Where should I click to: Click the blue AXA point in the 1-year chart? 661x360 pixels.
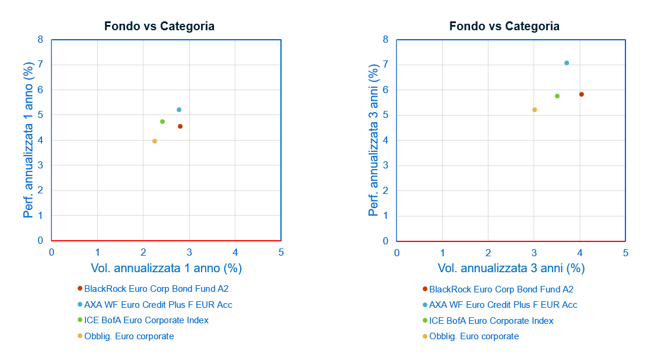pos(179,110)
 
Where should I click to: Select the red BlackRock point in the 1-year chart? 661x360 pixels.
pos(180,126)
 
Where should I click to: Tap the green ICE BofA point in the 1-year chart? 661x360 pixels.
pos(162,122)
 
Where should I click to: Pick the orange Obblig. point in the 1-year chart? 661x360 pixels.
pos(155,141)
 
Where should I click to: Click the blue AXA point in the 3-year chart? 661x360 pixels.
pos(567,63)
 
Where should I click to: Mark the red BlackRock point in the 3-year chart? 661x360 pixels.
pos(582,94)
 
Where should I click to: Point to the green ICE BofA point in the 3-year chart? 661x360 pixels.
pos(557,96)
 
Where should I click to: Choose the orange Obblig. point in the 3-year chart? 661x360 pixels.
pos(535,110)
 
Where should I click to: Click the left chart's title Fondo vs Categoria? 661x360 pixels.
pos(159,26)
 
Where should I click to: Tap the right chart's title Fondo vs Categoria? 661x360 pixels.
pos(504,26)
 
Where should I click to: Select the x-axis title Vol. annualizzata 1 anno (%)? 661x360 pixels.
pos(167,268)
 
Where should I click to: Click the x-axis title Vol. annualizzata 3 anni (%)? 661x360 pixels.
pos(511,268)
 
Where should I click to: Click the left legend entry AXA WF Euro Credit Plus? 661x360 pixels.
pos(158,305)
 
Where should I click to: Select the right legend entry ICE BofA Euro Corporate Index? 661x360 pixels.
pos(491,321)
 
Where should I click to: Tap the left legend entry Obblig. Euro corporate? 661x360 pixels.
pos(129,336)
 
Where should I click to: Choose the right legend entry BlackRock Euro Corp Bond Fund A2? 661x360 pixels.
pos(501,289)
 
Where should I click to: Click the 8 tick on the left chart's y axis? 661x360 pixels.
pos(40,40)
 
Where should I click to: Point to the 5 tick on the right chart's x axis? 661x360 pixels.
pos(625,253)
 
